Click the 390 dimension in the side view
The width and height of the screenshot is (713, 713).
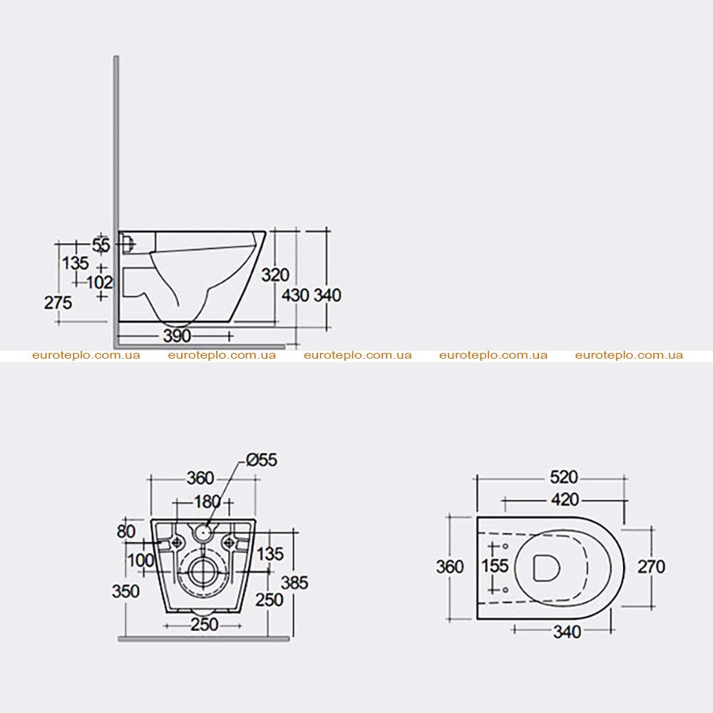pyautogui.click(x=177, y=336)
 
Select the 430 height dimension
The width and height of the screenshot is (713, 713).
pyautogui.click(x=296, y=295)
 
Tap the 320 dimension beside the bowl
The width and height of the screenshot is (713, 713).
pyautogui.click(x=275, y=275)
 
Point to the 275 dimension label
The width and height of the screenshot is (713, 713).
pyautogui.click(x=58, y=302)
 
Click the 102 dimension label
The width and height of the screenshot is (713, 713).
pyautogui.click(x=99, y=282)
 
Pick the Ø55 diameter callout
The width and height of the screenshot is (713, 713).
pyautogui.click(x=262, y=460)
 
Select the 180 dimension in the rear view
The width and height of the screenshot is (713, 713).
pyautogui.click(x=207, y=501)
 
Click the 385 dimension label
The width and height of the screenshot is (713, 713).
pyautogui.click(x=294, y=583)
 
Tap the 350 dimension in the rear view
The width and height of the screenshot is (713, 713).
pyautogui.click(x=125, y=591)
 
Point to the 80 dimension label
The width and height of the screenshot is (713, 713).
pyautogui.click(x=126, y=531)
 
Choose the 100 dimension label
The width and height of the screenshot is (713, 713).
pyautogui.click(x=140, y=560)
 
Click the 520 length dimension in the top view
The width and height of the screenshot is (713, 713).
pyautogui.click(x=564, y=477)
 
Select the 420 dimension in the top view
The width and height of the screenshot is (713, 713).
pyautogui.click(x=565, y=499)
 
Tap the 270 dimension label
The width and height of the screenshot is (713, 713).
pyautogui.click(x=651, y=567)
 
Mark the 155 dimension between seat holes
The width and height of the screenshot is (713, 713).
pyautogui.click(x=495, y=565)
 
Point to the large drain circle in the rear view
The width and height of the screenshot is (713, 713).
pyautogui.click(x=202, y=571)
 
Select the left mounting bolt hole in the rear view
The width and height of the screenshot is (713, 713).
pyautogui.click(x=176, y=542)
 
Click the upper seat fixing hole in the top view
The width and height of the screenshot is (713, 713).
pyautogui.click(x=506, y=545)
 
